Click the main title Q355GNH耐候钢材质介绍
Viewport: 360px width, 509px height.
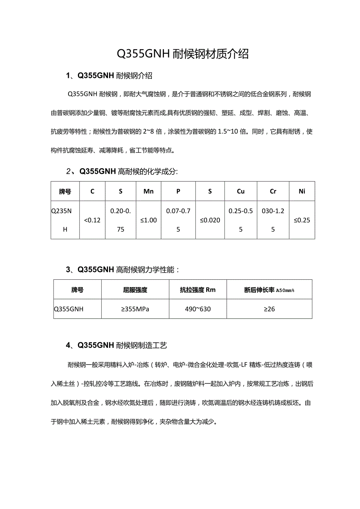coord(183,54)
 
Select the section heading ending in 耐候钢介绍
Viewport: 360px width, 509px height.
coord(109,76)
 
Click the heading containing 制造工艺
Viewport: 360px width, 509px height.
coord(117,345)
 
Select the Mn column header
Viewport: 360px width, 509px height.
coord(149,191)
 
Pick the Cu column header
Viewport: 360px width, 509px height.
coord(241,191)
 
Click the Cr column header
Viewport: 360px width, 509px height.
coord(273,191)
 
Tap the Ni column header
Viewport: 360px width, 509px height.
coord(302,191)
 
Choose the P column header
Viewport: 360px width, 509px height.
coord(178,191)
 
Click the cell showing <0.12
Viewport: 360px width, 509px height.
coord(92,220)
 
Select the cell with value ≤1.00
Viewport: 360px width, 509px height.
coord(149,220)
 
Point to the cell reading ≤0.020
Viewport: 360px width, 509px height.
coord(210,220)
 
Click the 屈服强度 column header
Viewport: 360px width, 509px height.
coord(135,290)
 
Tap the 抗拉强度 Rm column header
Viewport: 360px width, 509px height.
coord(198,290)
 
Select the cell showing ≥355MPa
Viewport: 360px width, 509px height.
coord(135,309)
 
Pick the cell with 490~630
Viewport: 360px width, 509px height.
coord(198,309)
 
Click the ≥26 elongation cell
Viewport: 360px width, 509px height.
coord(269,309)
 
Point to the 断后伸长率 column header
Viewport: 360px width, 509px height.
coord(269,290)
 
